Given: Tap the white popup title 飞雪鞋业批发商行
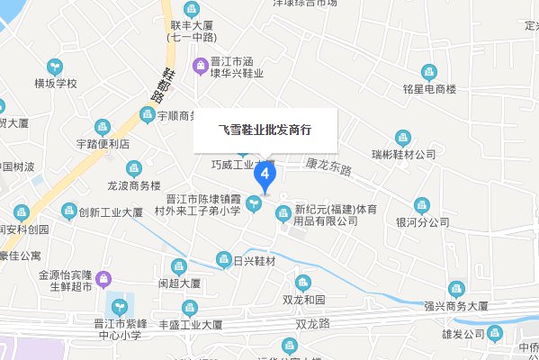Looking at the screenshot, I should (x=265, y=130).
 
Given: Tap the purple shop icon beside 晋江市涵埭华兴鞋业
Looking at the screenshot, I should (x=200, y=64).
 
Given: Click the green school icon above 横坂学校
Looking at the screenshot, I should (x=56, y=67).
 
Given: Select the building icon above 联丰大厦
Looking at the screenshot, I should (x=190, y=9).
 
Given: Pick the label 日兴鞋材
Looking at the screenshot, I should (x=253, y=261).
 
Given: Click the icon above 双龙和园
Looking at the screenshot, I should (x=303, y=283).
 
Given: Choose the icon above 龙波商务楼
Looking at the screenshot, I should (x=134, y=168).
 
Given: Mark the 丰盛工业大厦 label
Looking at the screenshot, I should (x=191, y=324).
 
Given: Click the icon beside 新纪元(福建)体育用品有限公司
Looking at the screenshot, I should (x=283, y=213).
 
